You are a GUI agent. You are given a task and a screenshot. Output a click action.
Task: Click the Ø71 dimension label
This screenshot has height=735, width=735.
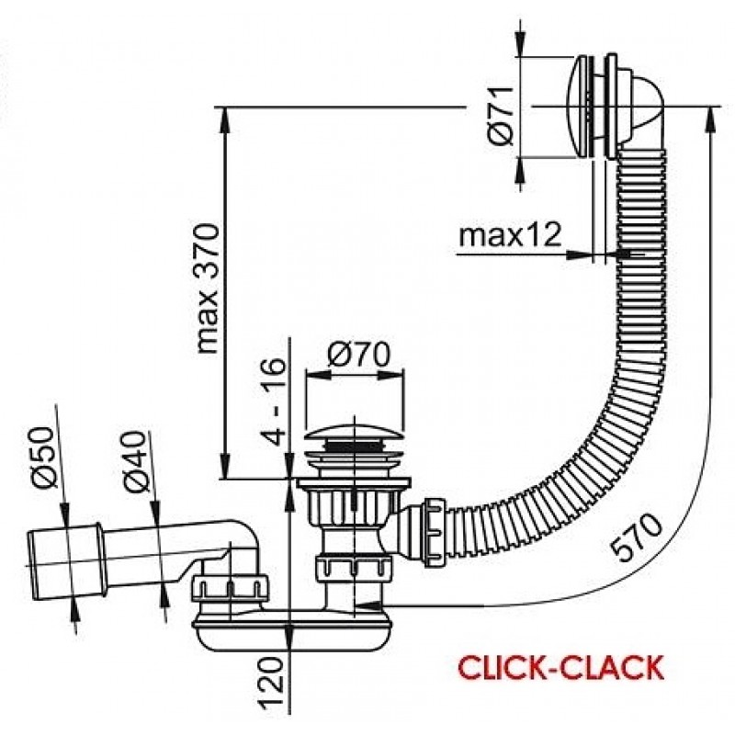pyautogui.click(x=501, y=116)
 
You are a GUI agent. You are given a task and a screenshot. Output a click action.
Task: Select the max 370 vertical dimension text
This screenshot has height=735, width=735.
pyautogui.click(x=207, y=288)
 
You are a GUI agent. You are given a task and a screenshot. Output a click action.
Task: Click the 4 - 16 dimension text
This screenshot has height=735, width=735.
pyautogui.click(x=273, y=401)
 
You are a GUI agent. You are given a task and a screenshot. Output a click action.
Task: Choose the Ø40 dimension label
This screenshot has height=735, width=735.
pyautogui.click(x=136, y=461)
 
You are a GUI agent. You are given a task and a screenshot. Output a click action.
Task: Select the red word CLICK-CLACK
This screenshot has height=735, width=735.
pyautogui.click(x=560, y=668)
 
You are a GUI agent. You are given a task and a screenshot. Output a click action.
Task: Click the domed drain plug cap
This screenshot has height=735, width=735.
pyautogui.click(x=355, y=429)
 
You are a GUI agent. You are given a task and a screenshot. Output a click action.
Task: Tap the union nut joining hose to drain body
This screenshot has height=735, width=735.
pyautogui.click(x=435, y=533)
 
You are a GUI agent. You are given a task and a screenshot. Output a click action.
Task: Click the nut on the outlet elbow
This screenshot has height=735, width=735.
pyautogui.click(x=231, y=587)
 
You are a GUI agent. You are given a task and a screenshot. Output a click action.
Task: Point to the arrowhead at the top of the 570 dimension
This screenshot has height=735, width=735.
pyautogui.click(x=712, y=119)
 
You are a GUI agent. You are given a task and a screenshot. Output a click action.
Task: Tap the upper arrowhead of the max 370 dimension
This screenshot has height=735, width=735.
pyautogui.click(x=226, y=120)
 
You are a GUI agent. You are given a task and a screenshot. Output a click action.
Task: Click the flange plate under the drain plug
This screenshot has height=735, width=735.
pyautogui.click(x=354, y=483)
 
